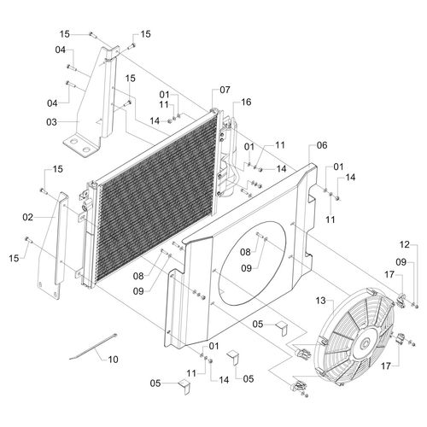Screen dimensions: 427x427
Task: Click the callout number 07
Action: pyautogui.click(x=225, y=90)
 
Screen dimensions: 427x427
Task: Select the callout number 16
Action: pyautogui.click(x=246, y=102)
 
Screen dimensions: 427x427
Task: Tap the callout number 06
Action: pyautogui.click(x=322, y=145)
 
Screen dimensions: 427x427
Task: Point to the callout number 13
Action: pyautogui.click(x=321, y=301)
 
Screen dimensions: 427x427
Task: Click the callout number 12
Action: pyautogui.click(x=405, y=244)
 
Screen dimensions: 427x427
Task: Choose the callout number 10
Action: pyautogui.click(x=113, y=360)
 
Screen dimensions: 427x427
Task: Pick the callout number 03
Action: pyautogui.click(x=51, y=122)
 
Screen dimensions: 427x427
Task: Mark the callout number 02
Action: pyautogui.click(x=28, y=218)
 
